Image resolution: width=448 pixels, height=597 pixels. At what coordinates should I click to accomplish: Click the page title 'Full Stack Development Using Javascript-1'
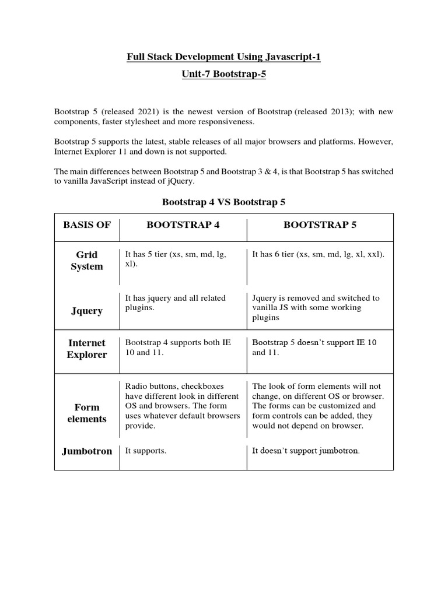(x=224, y=57)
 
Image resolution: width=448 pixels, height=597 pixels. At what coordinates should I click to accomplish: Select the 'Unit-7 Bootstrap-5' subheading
(x=224, y=75)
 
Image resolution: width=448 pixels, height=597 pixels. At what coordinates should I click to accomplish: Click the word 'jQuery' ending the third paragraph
(x=180, y=181)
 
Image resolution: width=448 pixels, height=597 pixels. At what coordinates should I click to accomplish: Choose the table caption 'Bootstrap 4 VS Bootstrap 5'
(x=223, y=202)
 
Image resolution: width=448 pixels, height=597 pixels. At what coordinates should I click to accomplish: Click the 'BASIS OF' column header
(x=87, y=225)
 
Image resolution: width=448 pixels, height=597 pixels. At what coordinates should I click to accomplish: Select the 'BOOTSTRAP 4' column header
(x=183, y=225)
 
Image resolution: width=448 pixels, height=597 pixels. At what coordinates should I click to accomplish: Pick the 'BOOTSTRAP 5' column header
(x=320, y=225)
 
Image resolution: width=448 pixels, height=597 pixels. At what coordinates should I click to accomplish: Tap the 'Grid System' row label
(x=87, y=261)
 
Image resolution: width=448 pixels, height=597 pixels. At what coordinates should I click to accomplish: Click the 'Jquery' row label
(x=87, y=311)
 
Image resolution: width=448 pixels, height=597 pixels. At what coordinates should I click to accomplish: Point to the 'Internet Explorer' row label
(x=87, y=349)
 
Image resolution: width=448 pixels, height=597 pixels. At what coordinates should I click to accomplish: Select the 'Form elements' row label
(x=87, y=413)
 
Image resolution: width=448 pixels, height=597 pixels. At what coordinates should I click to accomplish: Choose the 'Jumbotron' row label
(x=87, y=451)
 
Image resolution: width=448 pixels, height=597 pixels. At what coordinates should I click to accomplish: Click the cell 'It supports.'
(x=146, y=451)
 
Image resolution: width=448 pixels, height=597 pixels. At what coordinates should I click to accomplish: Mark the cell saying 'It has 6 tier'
(x=318, y=255)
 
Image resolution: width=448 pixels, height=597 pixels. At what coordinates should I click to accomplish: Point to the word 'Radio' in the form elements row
(x=136, y=386)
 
